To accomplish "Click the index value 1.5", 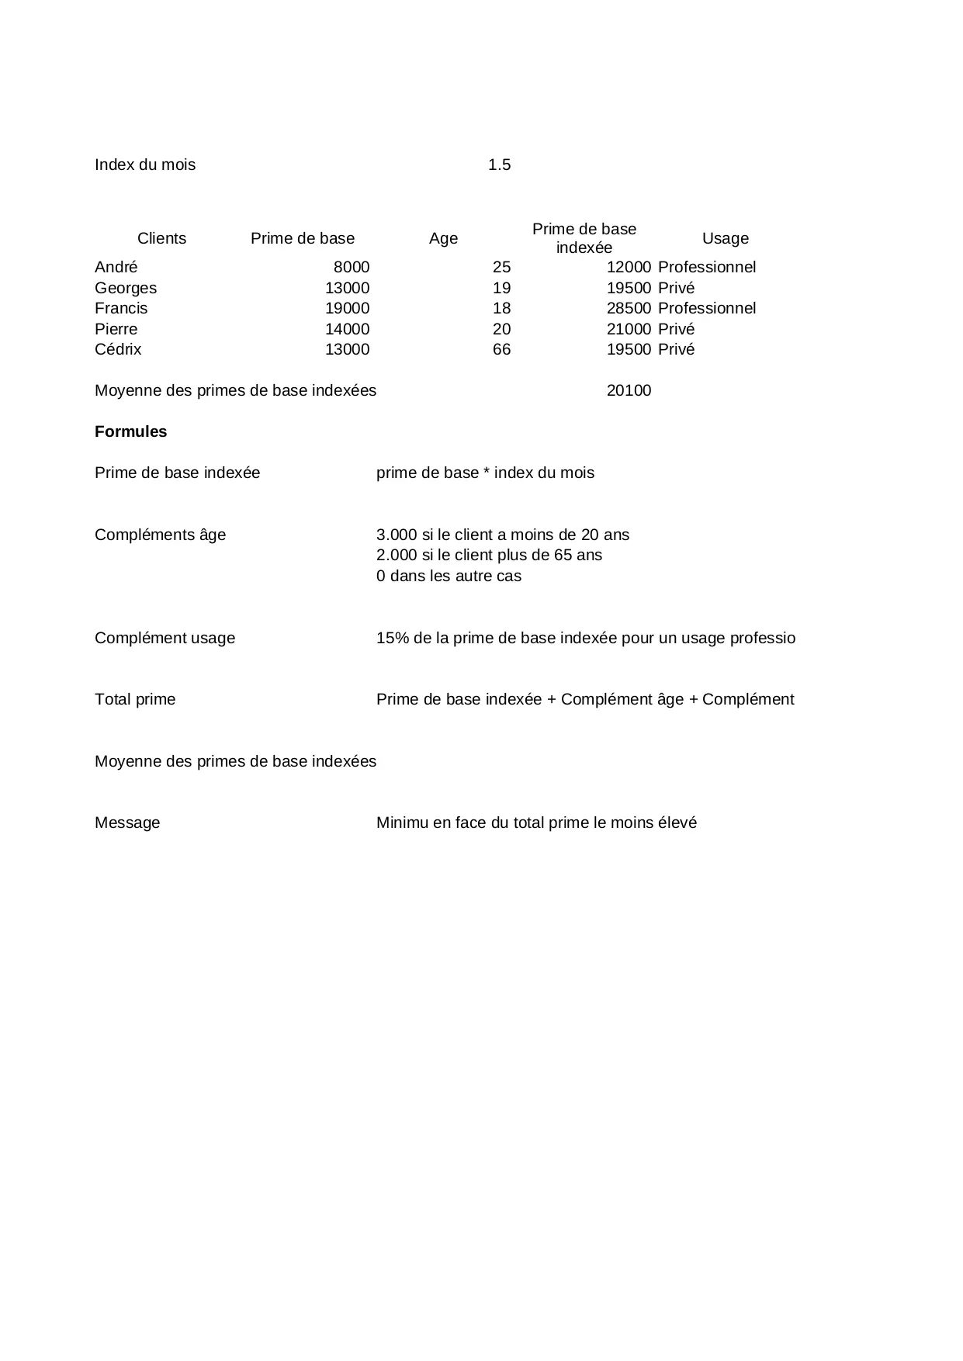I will pos(499,164).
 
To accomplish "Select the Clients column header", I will pos(161,238).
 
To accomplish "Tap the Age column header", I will pos(443,238).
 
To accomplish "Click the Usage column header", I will pos(725,238).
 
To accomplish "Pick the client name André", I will pos(116,267).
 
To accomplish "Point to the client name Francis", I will pos(121,308).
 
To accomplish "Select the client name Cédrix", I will pos(118,349).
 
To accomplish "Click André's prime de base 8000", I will pos(352,267).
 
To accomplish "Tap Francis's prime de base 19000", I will pos(347,308).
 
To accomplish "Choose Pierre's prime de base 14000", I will pos(347,329).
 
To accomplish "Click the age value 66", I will pos(501,349).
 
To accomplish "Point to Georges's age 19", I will pos(501,288).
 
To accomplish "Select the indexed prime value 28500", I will pos(629,308).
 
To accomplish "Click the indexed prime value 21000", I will pos(629,329).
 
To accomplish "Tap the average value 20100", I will pos(629,390).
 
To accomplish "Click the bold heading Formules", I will pos(130,431).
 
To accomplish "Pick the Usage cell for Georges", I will pos(676,288).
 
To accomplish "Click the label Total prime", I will pos(135,699).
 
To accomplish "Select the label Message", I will pos(127,822).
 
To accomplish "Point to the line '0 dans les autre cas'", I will pos(449,576).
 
